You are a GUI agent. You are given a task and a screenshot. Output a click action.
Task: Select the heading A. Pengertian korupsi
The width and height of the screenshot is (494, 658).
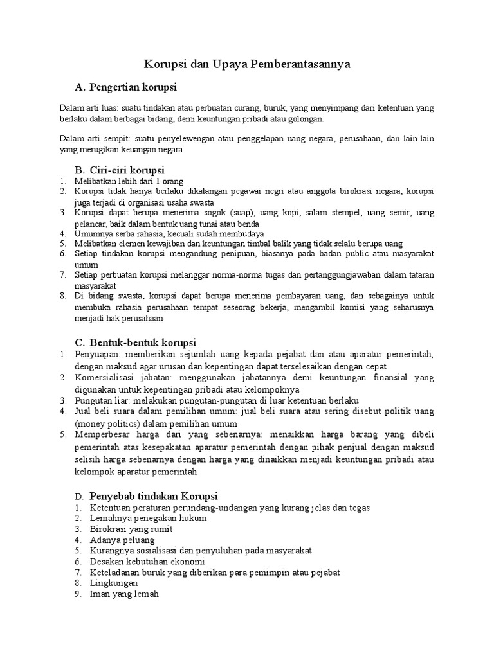pyautogui.click(x=125, y=87)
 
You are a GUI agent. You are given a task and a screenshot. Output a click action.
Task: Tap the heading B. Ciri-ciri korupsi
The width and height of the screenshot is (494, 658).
pyautogui.click(x=120, y=170)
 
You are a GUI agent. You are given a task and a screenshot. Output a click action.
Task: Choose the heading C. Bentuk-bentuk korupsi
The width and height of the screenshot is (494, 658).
pyautogui.click(x=135, y=342)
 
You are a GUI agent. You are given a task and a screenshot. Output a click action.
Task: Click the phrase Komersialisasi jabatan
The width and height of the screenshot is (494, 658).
pyautogui.click(x=122, y=378)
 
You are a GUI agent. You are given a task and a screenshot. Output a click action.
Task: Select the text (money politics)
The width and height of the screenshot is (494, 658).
pyautogui.click(x=105, y=423)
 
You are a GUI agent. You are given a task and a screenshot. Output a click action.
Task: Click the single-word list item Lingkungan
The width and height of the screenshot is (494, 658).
pyautogui.click(x=114, y=583)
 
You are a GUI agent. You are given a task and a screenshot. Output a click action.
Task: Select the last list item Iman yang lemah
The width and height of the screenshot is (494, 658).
pyautogui.click(x=124, y=594)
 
